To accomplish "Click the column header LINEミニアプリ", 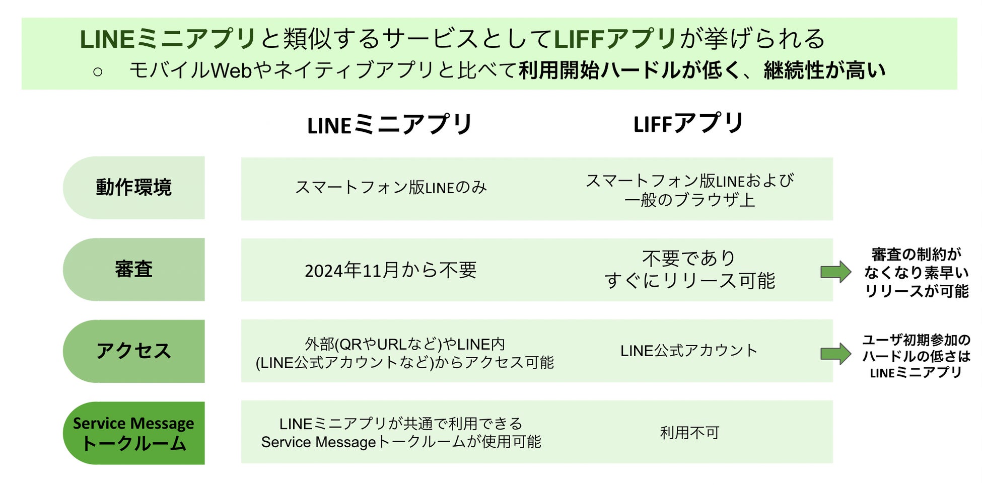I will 389,124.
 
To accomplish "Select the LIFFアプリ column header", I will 688,123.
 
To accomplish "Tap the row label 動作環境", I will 134,188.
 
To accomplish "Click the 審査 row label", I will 134,269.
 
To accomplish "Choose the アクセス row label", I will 134,351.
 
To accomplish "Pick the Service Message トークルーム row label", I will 134,433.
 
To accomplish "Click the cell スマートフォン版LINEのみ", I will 391,188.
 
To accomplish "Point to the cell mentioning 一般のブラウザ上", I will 689,190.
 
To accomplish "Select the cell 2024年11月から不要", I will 391,271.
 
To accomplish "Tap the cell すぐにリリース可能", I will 689,270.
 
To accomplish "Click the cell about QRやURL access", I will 404,353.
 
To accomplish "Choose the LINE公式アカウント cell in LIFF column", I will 689,351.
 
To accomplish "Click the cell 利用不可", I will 689,433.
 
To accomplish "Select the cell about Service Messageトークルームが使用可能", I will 401,433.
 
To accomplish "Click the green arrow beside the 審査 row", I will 835,272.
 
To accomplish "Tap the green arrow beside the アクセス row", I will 835,354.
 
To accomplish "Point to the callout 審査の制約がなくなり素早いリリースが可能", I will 916,273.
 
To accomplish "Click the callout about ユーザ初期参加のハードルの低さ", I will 916,356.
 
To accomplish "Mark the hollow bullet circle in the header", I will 98,72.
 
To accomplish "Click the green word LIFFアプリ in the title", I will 615,39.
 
